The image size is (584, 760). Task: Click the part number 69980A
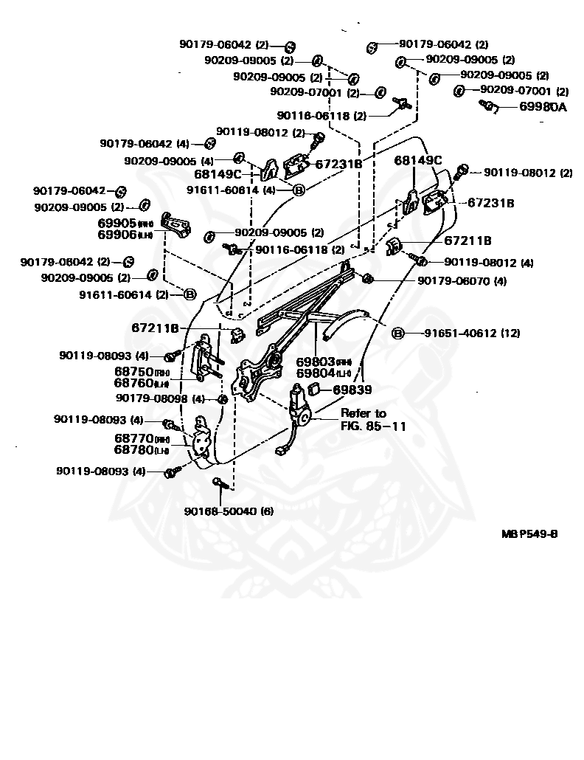[x=543, y=107]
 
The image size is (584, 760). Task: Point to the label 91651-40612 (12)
[x=472, y=334]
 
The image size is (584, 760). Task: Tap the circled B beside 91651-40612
[x=397, y=334]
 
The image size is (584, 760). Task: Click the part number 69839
[x=352, y=389]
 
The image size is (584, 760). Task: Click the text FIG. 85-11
[x=373, y=426]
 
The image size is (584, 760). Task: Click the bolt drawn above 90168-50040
[x=219, y=483]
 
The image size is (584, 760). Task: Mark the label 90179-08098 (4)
[x=160, y=398]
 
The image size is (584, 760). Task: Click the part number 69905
[x=117, y=222]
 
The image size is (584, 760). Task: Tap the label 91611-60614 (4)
[x=232, y=190]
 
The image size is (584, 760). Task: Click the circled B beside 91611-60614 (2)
[x=190, y=294]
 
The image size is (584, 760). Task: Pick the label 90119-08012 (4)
[x=489, y=262]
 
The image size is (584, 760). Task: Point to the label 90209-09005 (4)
[x=169, y=160]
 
